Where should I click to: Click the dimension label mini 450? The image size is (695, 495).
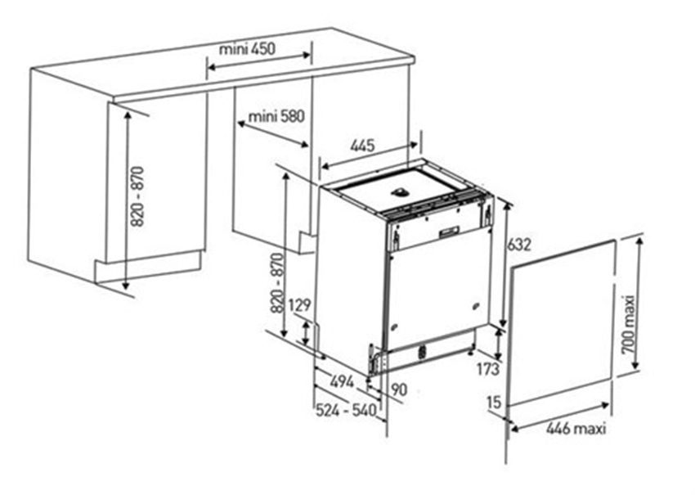click(x=247, y=48)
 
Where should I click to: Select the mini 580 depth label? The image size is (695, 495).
click(x=276, y=116)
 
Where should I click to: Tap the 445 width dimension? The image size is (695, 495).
click(x=362, y=145)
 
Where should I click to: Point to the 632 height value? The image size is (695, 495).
click(x=518, y=245)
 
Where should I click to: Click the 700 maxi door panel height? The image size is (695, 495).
click(x=628, y=325)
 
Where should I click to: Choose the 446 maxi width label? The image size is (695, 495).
click(x=576, y=429)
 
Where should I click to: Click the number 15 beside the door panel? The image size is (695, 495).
click(x=494, y=402)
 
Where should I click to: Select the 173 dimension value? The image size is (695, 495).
click(x=487, y=368)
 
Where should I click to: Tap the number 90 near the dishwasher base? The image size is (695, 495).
click(x=399, y=389)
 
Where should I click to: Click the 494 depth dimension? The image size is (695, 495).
click(x=342, y=381)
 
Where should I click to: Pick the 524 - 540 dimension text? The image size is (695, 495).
click(x=346, y=411)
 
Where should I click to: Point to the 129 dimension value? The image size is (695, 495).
click(x=299, y=305)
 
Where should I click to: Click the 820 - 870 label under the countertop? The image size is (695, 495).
click(x=138, y=196)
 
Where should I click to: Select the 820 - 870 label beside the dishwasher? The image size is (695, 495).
click(x=277, y=283)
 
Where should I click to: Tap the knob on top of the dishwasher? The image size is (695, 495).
click(x=400, y=191)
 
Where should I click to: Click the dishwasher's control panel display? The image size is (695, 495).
click(x=449, y=231)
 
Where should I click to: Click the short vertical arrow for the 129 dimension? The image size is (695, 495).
click(x=306, y=333)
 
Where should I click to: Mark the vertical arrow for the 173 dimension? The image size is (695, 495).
click(x=499, y=344)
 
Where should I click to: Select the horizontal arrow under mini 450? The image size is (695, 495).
click(x=259, y=61)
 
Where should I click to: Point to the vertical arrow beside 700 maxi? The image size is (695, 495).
click(x=639, y=304)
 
